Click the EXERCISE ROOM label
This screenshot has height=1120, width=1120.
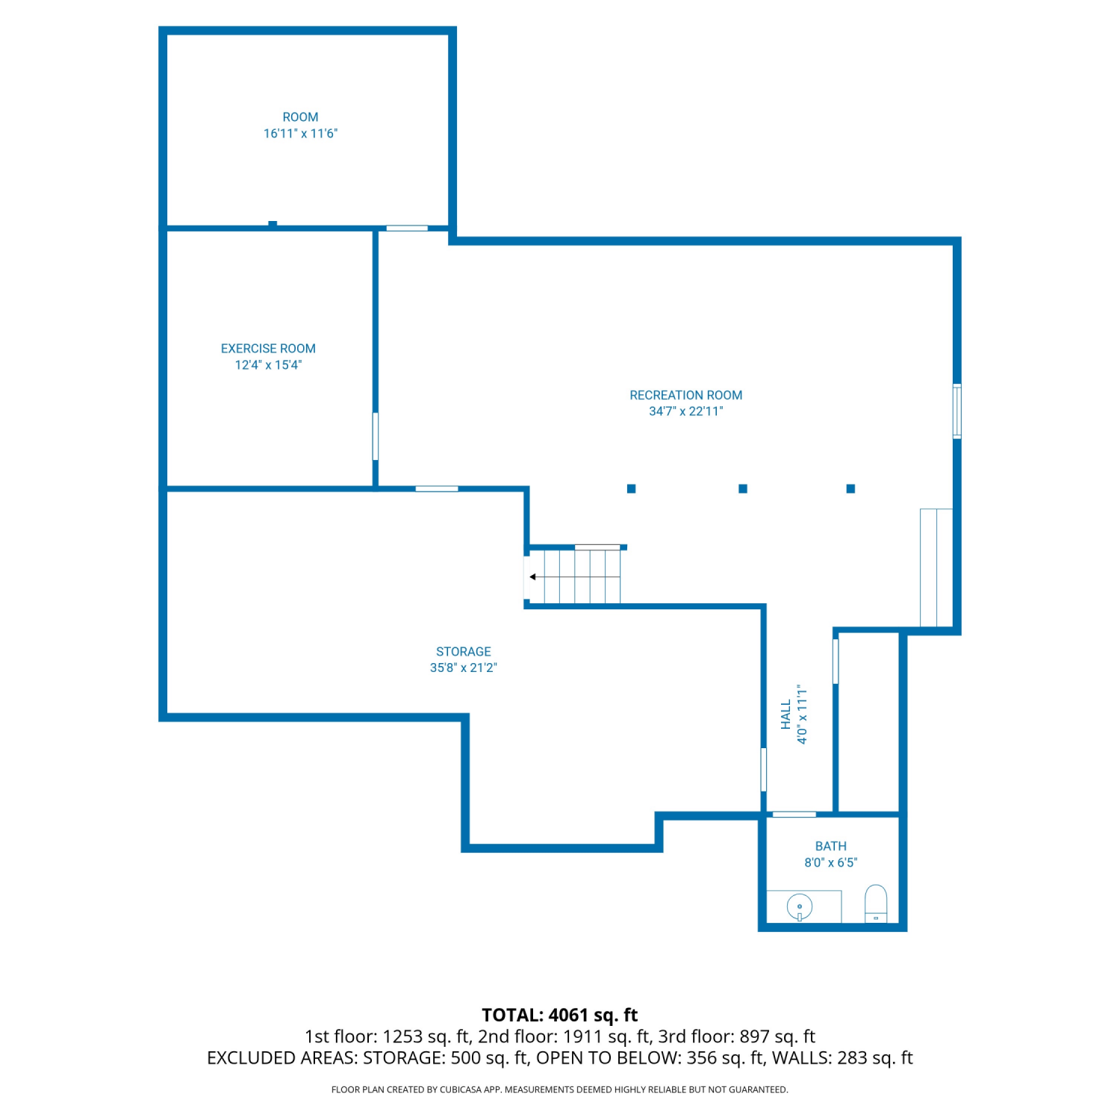268,349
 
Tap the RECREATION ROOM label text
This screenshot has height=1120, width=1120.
686,395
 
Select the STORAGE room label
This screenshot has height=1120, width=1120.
464,652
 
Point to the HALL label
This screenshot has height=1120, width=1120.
785,715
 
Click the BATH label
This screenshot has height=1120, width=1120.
831,846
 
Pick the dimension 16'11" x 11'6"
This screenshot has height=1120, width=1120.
300,134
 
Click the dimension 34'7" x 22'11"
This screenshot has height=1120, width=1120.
686,411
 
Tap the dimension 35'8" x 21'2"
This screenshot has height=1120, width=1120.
464,668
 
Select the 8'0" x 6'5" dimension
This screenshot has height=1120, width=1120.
831,862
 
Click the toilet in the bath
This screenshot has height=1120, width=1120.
876,904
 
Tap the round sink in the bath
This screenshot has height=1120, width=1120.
800,908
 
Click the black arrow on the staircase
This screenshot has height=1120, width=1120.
532,576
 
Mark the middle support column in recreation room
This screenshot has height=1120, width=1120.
743,488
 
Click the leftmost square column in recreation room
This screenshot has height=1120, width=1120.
632,488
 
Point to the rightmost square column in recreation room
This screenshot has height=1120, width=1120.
850,488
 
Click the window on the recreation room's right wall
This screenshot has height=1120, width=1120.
957,411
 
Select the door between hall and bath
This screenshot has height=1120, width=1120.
794,814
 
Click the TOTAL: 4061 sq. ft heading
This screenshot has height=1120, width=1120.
560,1015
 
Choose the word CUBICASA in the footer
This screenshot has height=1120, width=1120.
461,1089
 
